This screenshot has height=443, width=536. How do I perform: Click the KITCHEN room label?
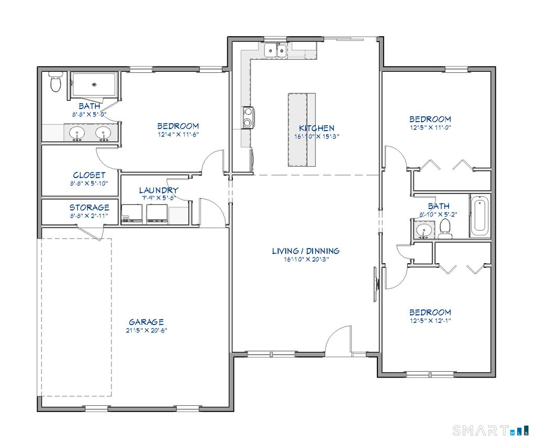(x=316, y=128)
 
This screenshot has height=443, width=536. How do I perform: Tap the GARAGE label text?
(x=146, y=322)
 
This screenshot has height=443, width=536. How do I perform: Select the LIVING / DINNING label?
(x=305, y=251)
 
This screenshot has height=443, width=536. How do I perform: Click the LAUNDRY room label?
(x=158, y=190)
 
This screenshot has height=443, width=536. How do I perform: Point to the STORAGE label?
(x=89, y=208)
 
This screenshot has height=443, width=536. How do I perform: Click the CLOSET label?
(x=89, y=175)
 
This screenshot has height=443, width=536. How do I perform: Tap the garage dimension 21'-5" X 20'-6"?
(x=146, y=330)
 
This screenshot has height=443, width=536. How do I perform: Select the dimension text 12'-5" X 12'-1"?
(x=430, y=320)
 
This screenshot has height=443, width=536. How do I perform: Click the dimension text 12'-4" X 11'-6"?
(x=178, y=134)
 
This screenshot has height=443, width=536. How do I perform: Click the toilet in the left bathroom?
(x=55, y=83)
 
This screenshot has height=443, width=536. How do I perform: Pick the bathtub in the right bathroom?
(x=479, y=216)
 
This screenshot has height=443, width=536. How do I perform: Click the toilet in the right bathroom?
(x=445, y=228)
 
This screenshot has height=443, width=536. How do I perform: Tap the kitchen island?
(x=302, y=129)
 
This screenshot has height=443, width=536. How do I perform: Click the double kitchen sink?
(x=275, y=50)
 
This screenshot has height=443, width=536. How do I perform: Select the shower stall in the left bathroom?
(x=94, y=84)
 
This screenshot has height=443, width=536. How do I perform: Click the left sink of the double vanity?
(x=77, y=133)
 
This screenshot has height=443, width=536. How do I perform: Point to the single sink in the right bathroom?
(x=422, y=230)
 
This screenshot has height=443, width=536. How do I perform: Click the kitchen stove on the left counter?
(x=247, y=117)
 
